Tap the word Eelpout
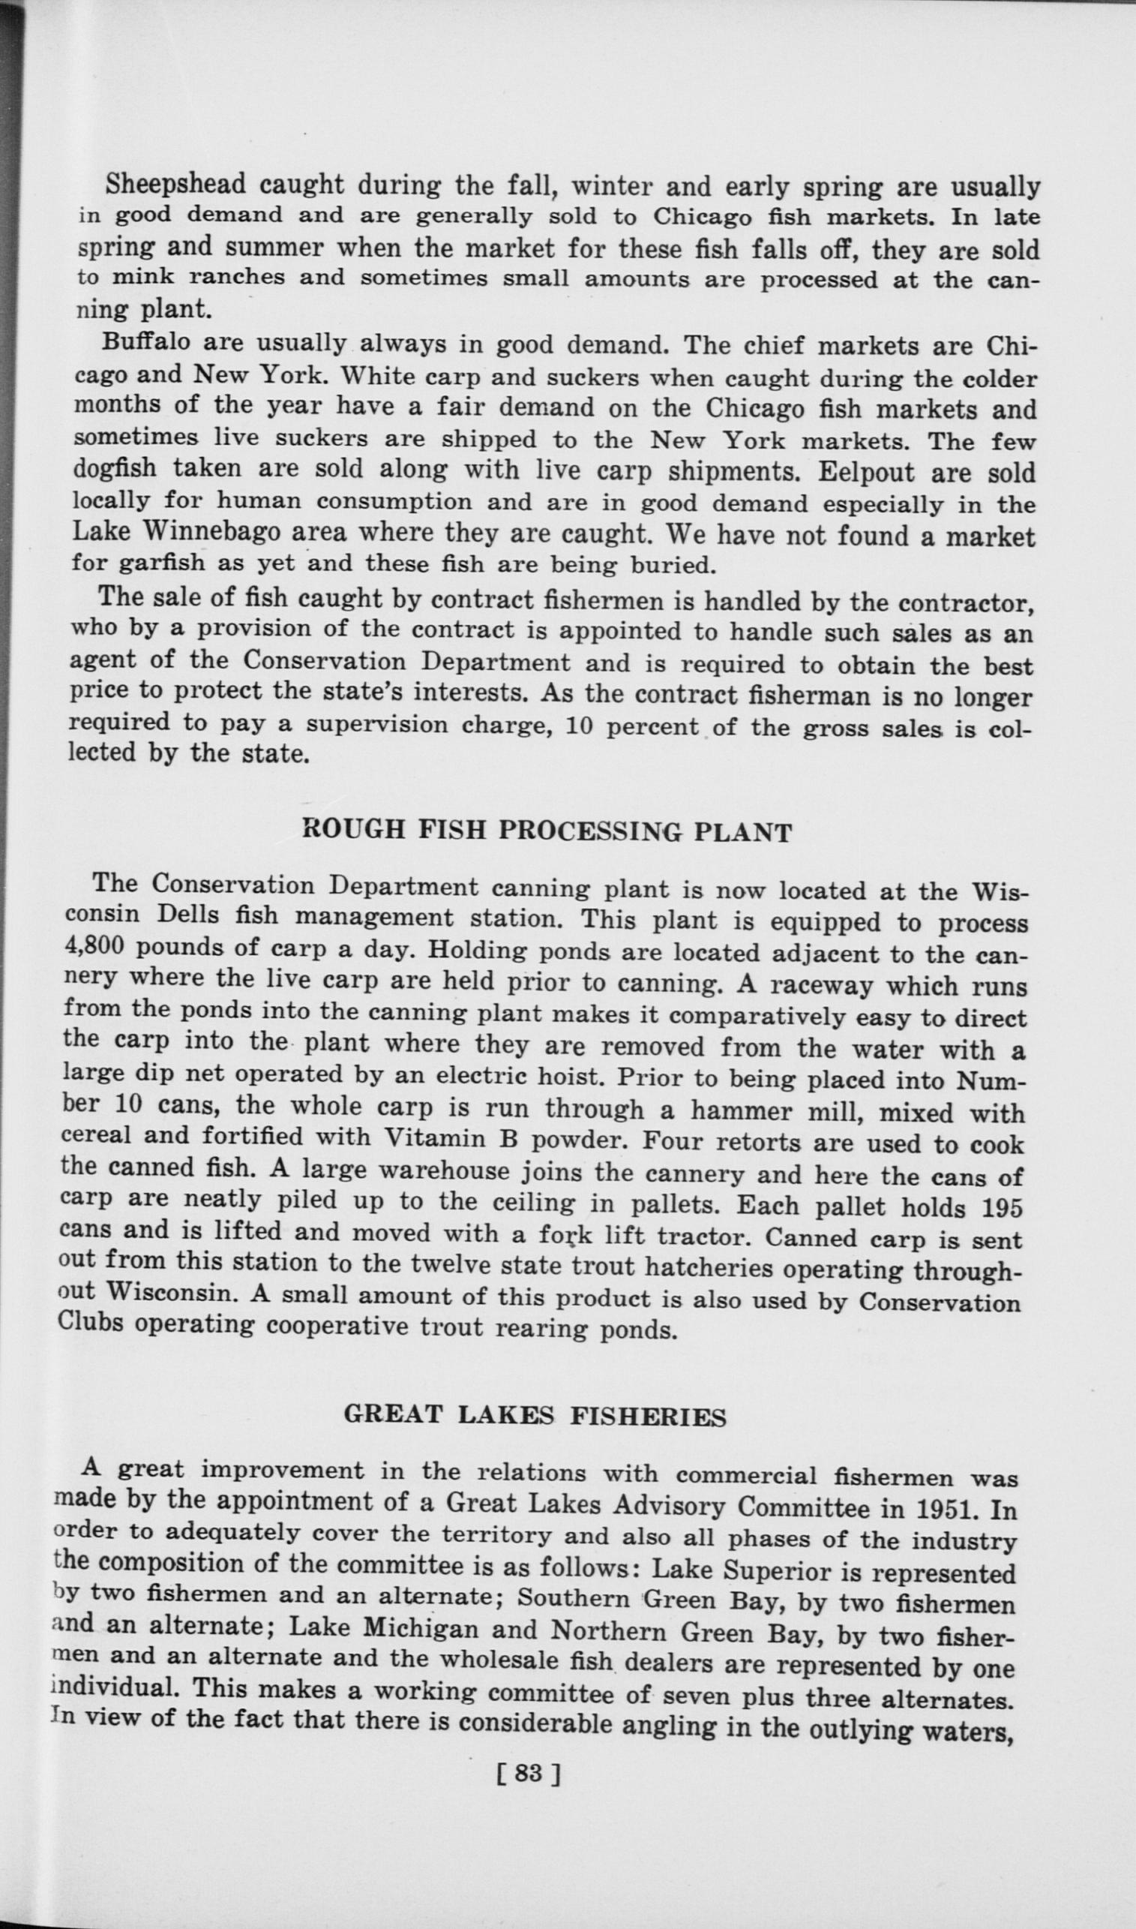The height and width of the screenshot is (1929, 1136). click(x=865, y=472)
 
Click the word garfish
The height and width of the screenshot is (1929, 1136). click(x=160, y=563)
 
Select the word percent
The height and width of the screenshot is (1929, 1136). click(x=652, y=726)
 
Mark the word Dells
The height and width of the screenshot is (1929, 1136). click(x=190, y=915)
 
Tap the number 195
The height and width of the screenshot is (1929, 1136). click(x=1001, y=1208)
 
